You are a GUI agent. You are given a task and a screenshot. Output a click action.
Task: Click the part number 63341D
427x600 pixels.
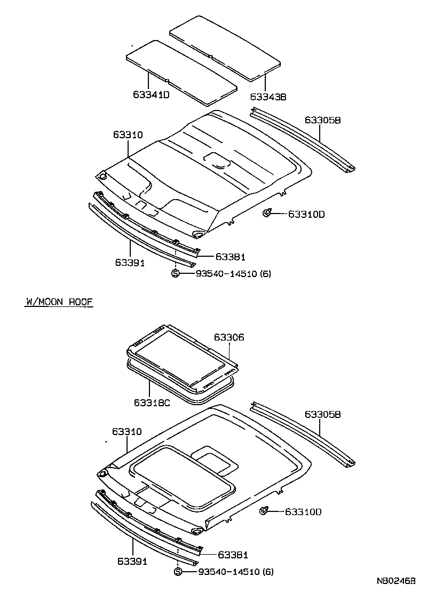(x=151, y=96)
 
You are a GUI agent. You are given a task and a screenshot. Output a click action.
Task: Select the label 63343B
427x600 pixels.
(x=268, y=97)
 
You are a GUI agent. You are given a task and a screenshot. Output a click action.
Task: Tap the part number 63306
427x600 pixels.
(x=229, y=337)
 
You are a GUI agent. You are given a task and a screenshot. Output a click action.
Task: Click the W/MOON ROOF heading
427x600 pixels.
(x=59, y=302)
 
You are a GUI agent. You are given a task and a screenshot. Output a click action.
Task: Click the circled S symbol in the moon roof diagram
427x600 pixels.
(x=178, y=572)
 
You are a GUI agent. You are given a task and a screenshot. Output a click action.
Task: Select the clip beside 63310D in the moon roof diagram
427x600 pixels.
(x=264, y=512)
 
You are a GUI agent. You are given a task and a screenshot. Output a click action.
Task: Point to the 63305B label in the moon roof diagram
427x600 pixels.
(x=322, y=414)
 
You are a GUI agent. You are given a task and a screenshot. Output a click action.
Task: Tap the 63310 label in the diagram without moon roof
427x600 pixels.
(x=128, y=135)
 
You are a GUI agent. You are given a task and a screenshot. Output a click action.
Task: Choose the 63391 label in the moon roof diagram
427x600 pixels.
(x=130, y=562)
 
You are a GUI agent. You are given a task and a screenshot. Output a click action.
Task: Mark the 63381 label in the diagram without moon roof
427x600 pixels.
(x=231, y=257)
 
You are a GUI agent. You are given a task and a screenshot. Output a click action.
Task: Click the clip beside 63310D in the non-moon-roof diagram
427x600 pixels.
(x=267, y=214)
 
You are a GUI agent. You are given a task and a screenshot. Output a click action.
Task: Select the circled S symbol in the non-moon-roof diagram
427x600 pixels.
(x=175, y=274)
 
